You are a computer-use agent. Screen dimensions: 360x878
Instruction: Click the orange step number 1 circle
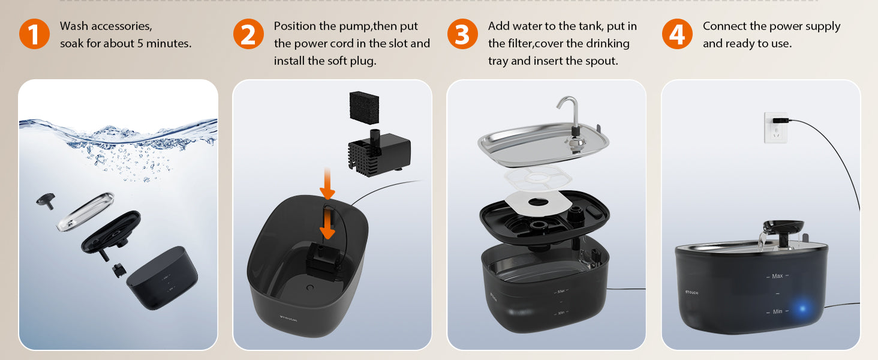point(34,34)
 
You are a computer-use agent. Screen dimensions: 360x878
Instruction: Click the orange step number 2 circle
point(248,34)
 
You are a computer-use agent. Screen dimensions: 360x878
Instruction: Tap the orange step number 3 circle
point(462,34)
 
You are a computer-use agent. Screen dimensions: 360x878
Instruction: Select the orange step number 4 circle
point(676,34)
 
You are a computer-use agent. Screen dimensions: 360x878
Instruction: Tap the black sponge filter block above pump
point(365,106)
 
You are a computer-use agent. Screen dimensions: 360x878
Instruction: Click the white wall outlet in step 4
point(775,127)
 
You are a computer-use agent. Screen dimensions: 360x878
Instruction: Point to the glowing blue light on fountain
point(802,310)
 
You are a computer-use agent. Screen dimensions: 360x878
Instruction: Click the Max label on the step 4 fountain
point(777,276)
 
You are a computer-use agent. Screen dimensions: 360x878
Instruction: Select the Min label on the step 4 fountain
point(777,311)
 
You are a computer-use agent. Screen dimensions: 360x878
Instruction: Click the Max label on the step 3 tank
point(561,291)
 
